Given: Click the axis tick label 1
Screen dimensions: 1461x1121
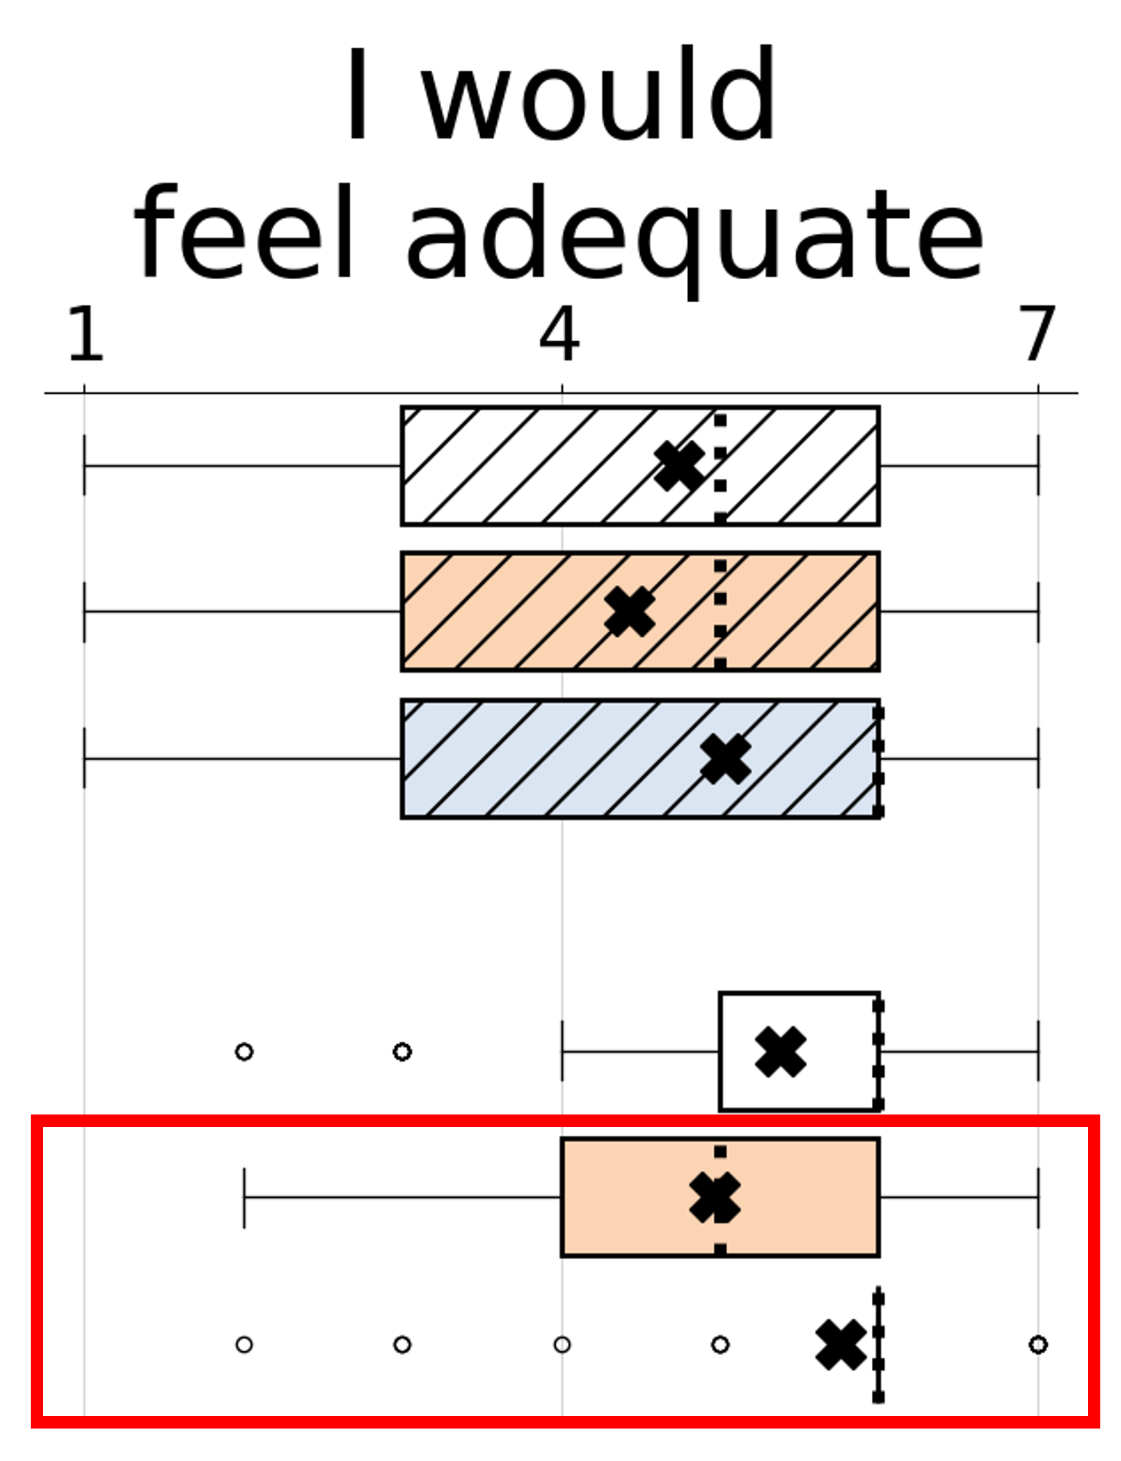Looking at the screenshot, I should (86, 334).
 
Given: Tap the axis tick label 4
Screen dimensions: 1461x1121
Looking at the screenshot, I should (559, 334).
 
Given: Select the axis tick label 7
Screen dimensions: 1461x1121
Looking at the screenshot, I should (1037, 334).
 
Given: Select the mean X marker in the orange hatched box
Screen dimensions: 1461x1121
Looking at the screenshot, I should (629, 612).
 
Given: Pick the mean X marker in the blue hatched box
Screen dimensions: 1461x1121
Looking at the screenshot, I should (725, 759).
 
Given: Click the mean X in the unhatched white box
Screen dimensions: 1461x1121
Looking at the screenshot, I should (781, 1051).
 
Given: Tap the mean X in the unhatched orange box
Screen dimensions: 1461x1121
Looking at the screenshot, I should (715, 1198).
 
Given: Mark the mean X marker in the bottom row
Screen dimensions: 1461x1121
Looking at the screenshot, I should (841, 1344).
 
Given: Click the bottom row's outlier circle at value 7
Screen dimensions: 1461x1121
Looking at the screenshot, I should (1038, 1344).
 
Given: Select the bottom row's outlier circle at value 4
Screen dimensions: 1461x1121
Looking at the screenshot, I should (562, 1344).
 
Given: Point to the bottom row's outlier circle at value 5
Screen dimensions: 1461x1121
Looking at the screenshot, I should (720, 1344).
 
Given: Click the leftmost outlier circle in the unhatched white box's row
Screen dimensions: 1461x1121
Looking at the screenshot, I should (244, 1051).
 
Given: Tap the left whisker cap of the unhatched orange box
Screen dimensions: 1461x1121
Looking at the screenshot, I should (244, 1198).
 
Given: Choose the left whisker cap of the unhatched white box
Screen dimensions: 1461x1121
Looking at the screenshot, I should (562, 1051).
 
